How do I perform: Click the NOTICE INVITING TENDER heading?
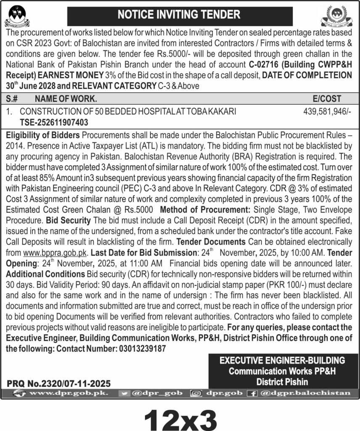pos(180,15)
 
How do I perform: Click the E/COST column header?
pos(327,99)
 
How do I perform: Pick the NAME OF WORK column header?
pos(66,99)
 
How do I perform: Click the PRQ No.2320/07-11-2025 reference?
pos(59,383)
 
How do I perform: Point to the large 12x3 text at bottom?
pos(180,417)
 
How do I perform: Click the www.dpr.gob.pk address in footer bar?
pos(68,393)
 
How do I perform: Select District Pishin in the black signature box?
pos(283,382)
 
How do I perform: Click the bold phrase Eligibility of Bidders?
pos(43,135)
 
